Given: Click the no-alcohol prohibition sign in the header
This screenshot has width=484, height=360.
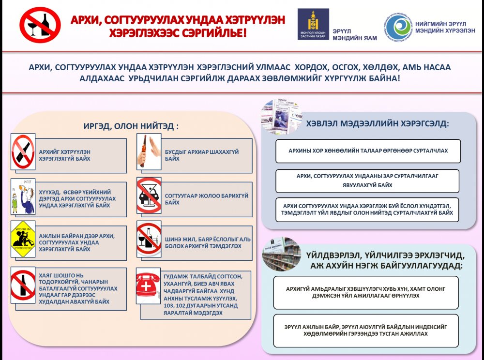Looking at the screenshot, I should (x=40, y=25).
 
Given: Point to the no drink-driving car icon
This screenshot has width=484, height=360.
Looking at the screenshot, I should (x=149, y=195).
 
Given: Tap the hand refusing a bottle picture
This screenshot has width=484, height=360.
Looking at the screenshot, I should (x=149, y=151).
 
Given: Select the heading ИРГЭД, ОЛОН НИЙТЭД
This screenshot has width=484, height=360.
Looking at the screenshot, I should (x=131, y=126).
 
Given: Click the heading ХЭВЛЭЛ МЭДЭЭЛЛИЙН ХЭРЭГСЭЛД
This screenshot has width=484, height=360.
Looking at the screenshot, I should (x=378, y=123).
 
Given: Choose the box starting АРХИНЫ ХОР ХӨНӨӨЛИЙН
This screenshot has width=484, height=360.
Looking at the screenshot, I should (x=368, y=150).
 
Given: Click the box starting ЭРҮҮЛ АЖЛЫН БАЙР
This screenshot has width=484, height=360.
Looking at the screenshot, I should (x=365, y=330).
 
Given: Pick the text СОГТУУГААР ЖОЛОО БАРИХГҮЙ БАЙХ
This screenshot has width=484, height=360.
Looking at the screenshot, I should (x=207, y=199).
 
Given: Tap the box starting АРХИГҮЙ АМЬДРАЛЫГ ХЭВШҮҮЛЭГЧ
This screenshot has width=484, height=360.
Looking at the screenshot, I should (x=365, y=292).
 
